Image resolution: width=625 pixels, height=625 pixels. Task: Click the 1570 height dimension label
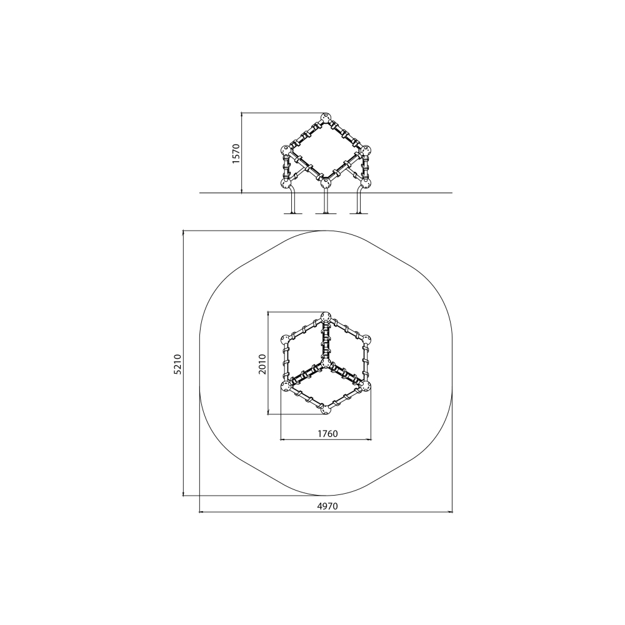click(x=236, y=154)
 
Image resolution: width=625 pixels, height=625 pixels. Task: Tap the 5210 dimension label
click(x=177, y=364)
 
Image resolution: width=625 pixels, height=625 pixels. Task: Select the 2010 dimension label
click(x=262, y=364)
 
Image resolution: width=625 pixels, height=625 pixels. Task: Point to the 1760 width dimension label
click(x=327, y=433)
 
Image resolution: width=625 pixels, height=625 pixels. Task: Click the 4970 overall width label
click(x=327, y=506)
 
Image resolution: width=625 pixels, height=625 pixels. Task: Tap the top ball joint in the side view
click(x=326, y=118)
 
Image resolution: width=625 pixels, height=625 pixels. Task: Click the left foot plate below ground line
click(x=293, y=214)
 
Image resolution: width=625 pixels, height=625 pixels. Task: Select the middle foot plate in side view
click(x=326, y=214)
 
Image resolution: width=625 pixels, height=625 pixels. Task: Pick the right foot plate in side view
click(x=359, y=214)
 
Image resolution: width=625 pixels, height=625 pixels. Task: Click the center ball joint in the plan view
click(x=326, y=363)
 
